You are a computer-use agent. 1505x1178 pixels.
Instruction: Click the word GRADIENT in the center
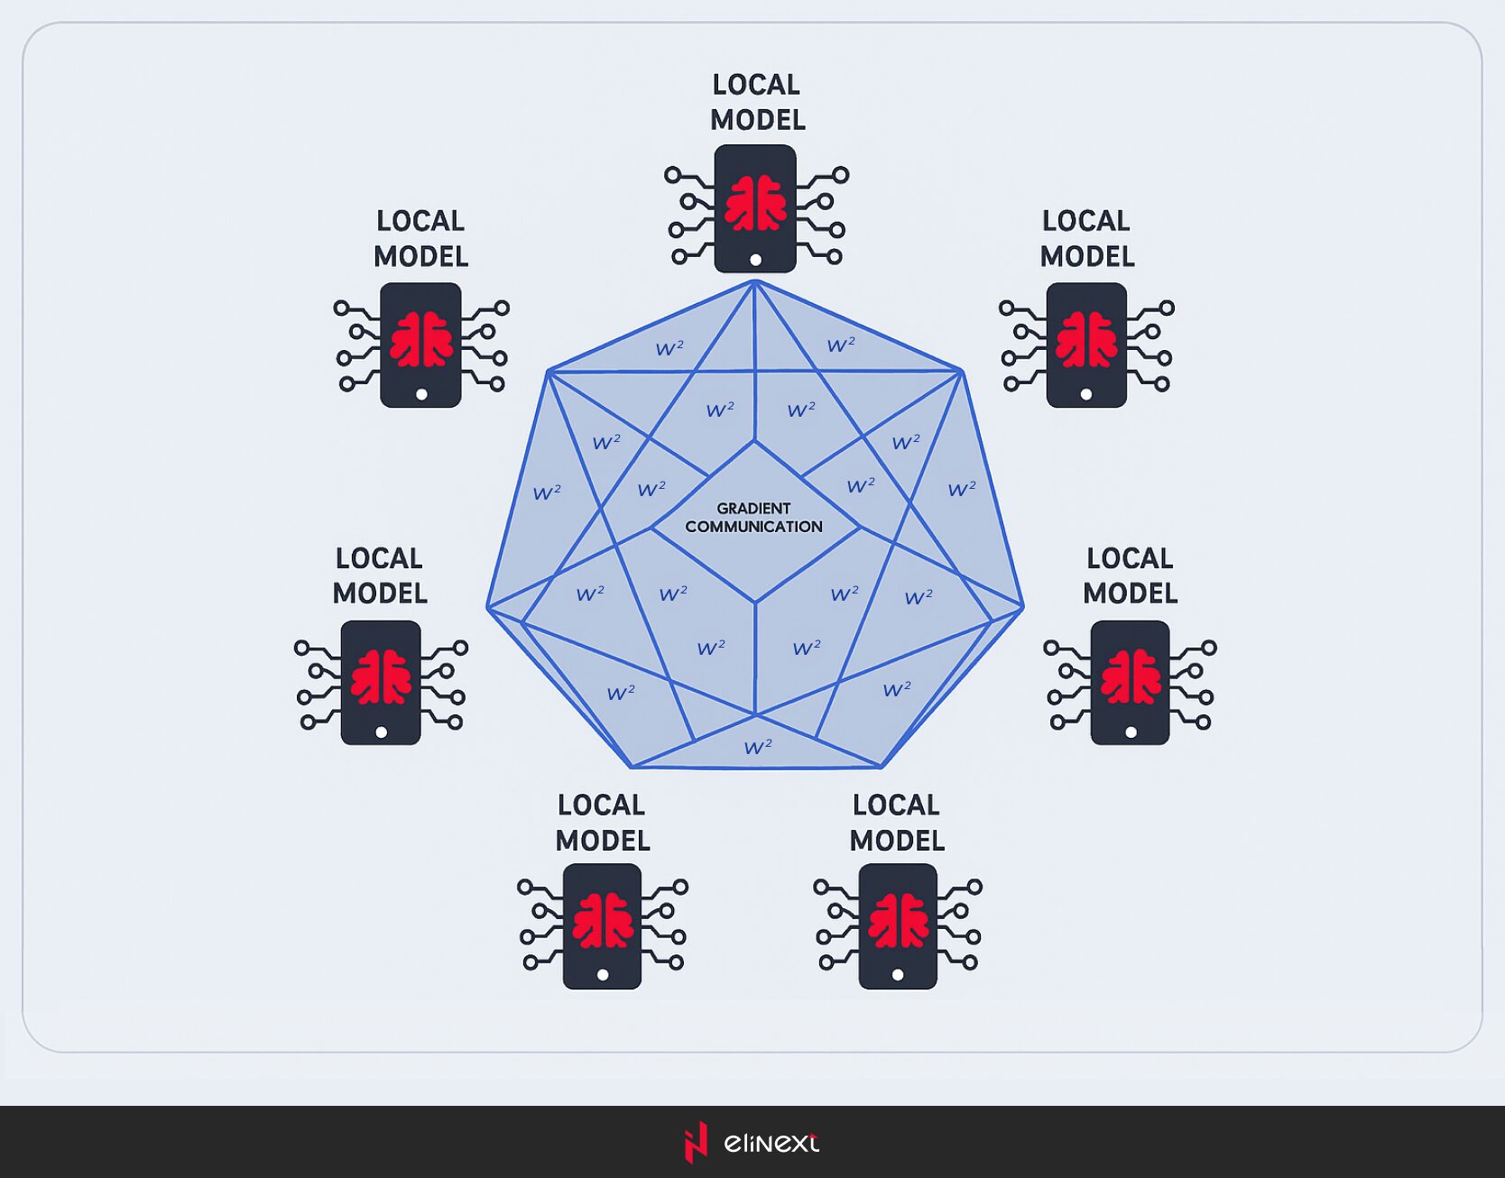click(x=753, y=509)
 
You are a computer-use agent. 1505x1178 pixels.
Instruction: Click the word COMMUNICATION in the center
click(x=753, y=527)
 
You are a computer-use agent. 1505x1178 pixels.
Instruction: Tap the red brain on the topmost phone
click(x=755, y=203)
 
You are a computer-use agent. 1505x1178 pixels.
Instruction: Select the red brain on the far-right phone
click(x=1131, y=676)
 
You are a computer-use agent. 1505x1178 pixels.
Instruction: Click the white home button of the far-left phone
click(x=382, y=732)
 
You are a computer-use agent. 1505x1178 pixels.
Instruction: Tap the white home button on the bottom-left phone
click(x=603, y=975)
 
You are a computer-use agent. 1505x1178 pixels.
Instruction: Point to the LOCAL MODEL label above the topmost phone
click(x=757, y=102)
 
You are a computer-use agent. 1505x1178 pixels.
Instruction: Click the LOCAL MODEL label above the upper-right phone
click(x=1086, y=239)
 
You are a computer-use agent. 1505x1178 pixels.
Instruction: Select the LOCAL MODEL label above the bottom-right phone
click(x=897, y=823)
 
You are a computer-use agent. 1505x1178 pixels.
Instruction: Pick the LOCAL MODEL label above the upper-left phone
click(x=420, y=239)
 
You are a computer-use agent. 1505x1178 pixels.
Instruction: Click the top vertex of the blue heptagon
click(x=755, y=281)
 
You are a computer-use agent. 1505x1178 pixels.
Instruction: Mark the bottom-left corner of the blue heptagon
click(x=632, y=767)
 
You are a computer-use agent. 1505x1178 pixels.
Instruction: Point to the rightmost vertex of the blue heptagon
click(x=1023, y=607)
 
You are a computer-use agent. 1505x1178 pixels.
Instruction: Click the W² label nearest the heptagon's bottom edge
click(x=758, y=747)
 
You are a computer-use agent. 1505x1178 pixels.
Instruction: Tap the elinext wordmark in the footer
click(x=771, y=1143)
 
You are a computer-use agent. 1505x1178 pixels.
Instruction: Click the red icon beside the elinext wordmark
click(x=695, y=1143)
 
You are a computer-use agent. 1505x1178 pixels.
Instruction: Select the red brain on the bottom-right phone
click(x=899, y=920)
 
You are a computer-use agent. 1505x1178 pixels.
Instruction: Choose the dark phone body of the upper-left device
click(x=421, y=345)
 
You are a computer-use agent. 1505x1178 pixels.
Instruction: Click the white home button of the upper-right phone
click(x=1086, y=394)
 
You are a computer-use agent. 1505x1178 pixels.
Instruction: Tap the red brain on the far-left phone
click(x=382, y=676)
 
